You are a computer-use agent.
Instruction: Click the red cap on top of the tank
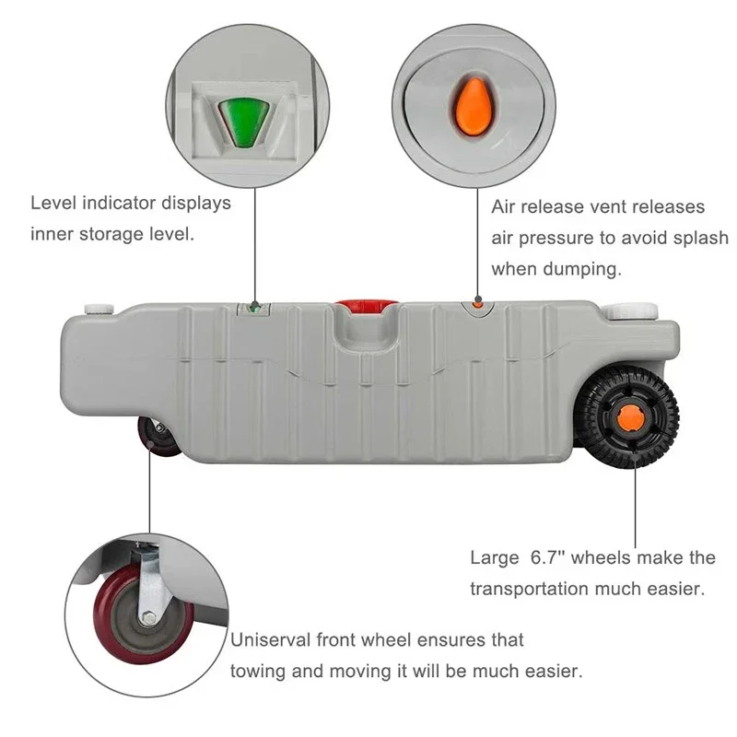pyautogui.click(x=365, y=306)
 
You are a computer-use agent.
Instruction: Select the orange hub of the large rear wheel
pyautogui.click(x=631, y=417)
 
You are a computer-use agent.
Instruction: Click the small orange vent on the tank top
pyautogui.click(x=477, y=302)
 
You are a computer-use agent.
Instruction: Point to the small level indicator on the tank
pyautogui.click(x=252, y=310)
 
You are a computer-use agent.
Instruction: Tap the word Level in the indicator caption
pyautogui.click(x=53, y=202)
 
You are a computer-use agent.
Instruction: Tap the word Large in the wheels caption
pyautogui.click(x=496, y=557)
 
